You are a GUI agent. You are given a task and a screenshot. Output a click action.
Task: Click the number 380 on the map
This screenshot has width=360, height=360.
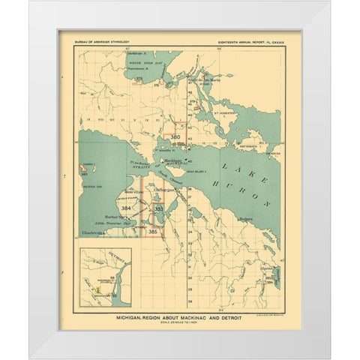(x=175, y=137)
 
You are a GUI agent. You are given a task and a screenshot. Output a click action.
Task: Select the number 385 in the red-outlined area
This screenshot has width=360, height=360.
(x=153, y=232)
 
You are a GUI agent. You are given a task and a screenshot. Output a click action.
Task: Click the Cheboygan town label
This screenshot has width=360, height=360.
(x=163, y=190)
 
